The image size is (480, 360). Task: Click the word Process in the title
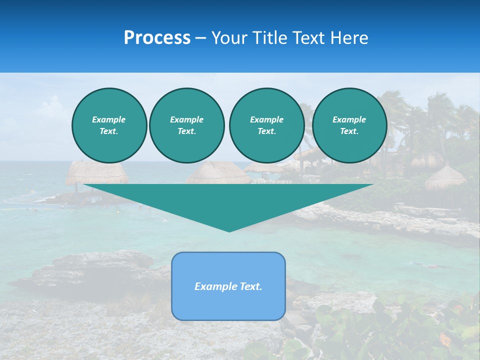coord(157,38)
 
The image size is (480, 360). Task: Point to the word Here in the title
coord(348,38)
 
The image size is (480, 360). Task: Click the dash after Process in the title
coord(201,38)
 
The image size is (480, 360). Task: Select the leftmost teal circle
coord(109,125)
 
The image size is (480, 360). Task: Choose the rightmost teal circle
coord(349,125)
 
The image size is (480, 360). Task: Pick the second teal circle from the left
coord(186,125)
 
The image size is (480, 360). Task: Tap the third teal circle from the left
coord(266,125)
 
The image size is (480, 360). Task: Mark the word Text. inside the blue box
coord(250,286)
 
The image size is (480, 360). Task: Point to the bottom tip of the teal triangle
coord(229,231)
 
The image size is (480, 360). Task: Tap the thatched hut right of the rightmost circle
coord(445,177)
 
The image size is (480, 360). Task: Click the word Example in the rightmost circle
coord(349,119)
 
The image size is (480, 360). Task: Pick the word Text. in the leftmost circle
coord(109,131)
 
